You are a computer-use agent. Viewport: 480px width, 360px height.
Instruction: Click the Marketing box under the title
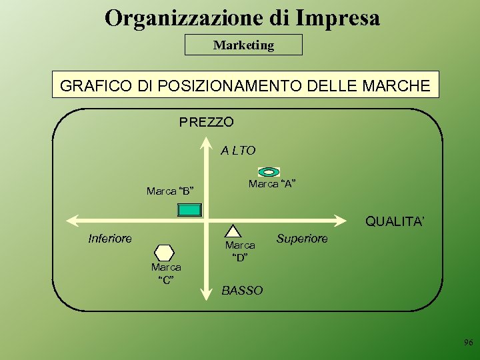click(243, 45)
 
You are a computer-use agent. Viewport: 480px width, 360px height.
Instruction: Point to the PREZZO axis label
click(206, 123)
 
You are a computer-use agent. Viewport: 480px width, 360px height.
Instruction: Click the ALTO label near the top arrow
click(238, 151)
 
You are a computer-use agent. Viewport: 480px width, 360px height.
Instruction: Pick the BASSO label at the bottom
click(242, 291)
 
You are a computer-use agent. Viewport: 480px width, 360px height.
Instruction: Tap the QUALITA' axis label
click(395, 221)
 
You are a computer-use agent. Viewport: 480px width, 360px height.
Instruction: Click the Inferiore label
click(110, 238)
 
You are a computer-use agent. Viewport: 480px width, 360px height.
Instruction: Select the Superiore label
click(302, 238)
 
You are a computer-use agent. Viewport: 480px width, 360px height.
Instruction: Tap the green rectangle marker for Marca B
click(189, 209)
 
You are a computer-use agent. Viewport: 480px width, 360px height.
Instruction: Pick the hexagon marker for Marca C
click(164, 253)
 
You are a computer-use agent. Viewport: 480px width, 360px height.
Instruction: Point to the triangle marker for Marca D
click(233, 231)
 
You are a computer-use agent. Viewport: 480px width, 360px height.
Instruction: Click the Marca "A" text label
click(272, 184)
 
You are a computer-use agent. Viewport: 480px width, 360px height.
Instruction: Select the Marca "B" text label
click(170, 191)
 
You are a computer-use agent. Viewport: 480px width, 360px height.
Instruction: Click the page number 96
click(468, 343)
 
